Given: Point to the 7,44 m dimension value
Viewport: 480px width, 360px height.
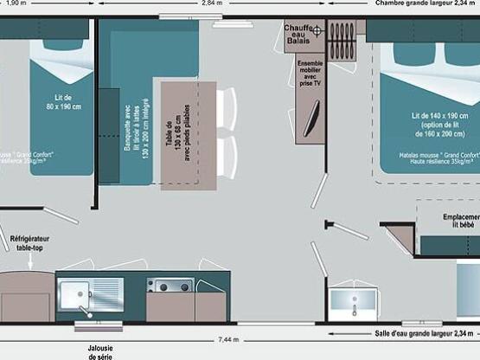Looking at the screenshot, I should (229, 337).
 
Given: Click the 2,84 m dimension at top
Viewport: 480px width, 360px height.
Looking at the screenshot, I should (209, 3).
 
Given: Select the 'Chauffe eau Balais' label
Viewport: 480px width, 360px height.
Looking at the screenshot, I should (298, 34).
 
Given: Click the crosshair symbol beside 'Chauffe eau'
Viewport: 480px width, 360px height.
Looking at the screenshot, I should (317, 31).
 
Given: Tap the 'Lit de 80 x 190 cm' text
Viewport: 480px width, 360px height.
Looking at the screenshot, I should (61, 102).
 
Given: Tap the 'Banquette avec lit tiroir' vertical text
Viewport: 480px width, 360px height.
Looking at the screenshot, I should (133, 135).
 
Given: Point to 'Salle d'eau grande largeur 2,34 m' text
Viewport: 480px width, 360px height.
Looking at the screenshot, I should (424, 333).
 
